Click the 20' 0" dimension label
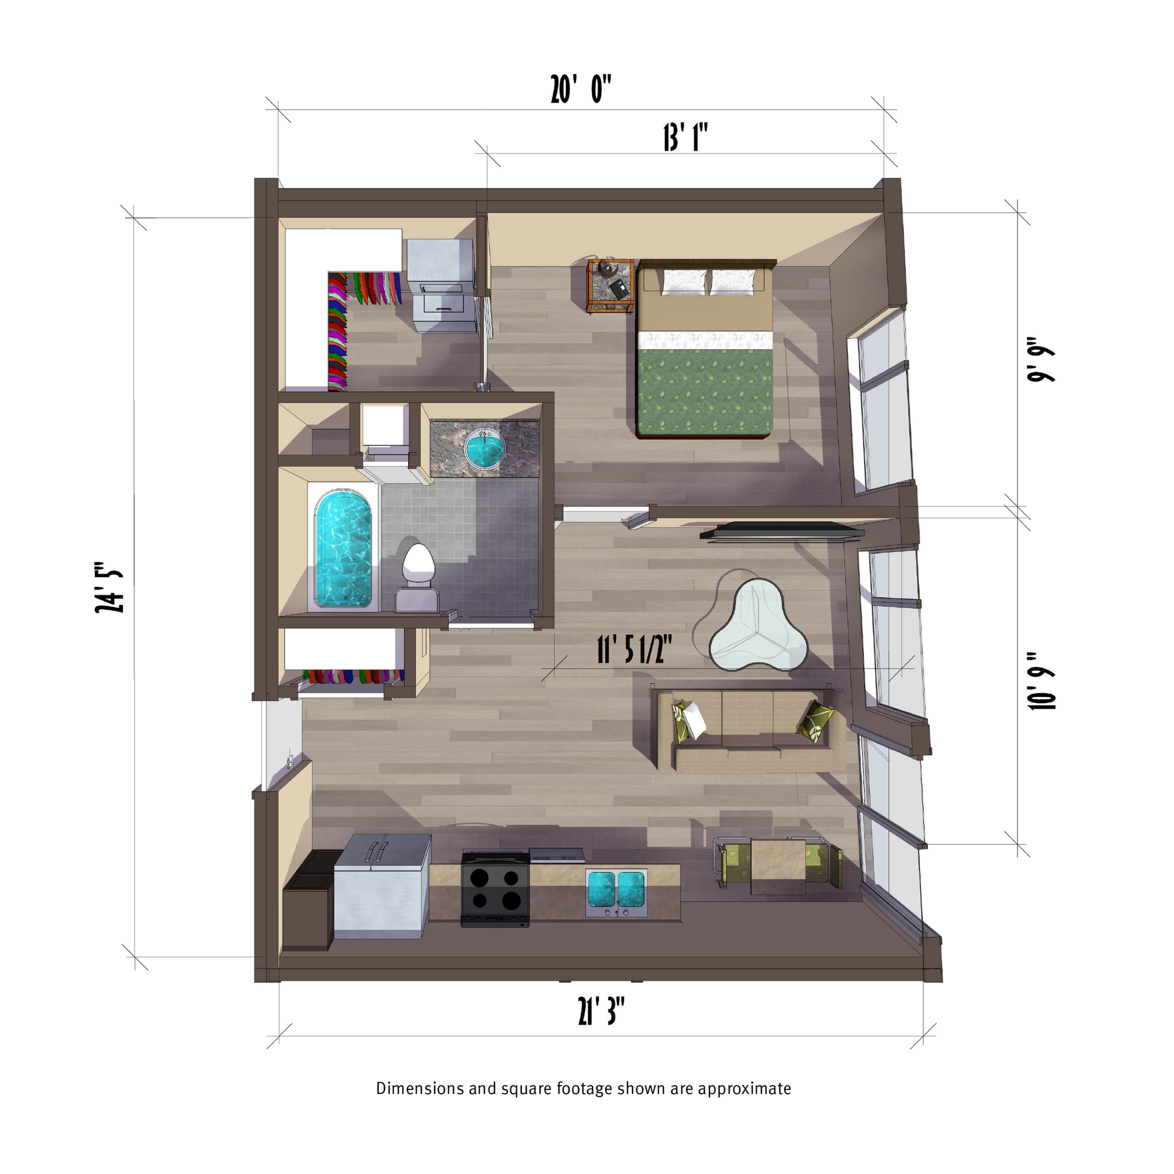580,89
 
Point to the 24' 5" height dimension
110,587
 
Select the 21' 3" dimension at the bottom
601,1011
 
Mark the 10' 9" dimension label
1041,681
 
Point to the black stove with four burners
495,888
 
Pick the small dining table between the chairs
778,866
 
